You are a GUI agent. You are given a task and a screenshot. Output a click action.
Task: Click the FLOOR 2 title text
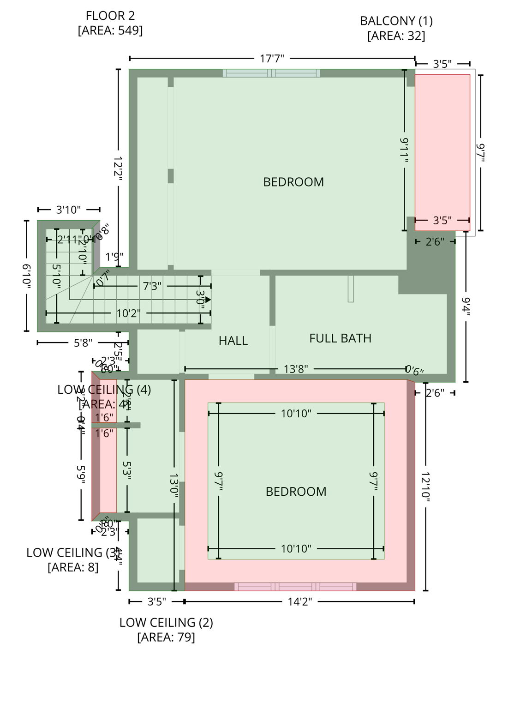(x=110, y=16)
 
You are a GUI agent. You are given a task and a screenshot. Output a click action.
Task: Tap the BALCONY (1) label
(x=396, y=21)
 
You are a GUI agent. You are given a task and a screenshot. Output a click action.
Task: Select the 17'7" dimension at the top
(x=272, y=59)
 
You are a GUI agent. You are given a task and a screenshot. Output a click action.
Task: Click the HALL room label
(x=233, y=341)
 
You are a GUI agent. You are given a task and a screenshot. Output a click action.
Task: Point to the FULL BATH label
(x=340, y=338)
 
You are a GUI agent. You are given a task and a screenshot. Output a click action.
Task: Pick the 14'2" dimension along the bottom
(x=300, y=601)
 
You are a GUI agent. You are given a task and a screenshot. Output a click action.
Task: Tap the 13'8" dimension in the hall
(x=296, y=369)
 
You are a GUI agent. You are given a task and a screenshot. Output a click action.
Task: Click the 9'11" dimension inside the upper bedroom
(x=405, y=150)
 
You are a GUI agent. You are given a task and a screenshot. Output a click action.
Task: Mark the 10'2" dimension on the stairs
(x=128, y=314)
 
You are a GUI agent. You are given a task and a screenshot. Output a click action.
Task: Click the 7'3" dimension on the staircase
(x=152, y=286)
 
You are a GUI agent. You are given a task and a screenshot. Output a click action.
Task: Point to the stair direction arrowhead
(x=208, y=300)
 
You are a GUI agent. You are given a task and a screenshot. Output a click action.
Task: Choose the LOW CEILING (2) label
(x=166, y=623)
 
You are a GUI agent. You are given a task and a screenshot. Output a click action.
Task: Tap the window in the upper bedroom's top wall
(x=271, y=73)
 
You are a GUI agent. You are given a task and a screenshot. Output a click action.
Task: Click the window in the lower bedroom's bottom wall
(x=295, y=587)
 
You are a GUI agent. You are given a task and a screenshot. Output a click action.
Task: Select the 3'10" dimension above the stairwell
(x=68, y=210)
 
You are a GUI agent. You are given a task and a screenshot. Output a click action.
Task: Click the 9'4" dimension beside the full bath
(x=466, y=307)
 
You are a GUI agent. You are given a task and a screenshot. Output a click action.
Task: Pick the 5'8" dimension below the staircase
(x=83, y=342)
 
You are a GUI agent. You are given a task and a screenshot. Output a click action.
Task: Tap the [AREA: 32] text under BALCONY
(x=396, y=36)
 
